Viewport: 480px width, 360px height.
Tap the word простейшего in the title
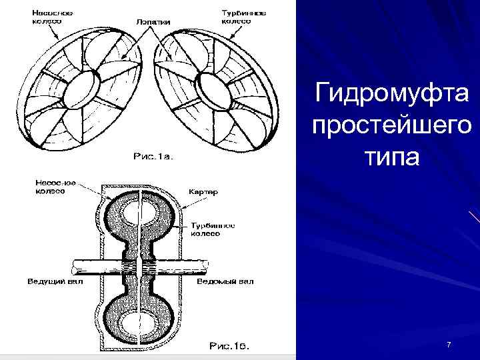392,126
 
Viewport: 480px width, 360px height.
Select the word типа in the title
392,158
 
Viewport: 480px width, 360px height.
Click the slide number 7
449,345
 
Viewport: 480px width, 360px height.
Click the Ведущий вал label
55,281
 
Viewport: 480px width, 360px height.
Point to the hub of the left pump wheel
85,83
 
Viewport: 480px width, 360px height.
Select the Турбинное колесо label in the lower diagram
213,229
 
